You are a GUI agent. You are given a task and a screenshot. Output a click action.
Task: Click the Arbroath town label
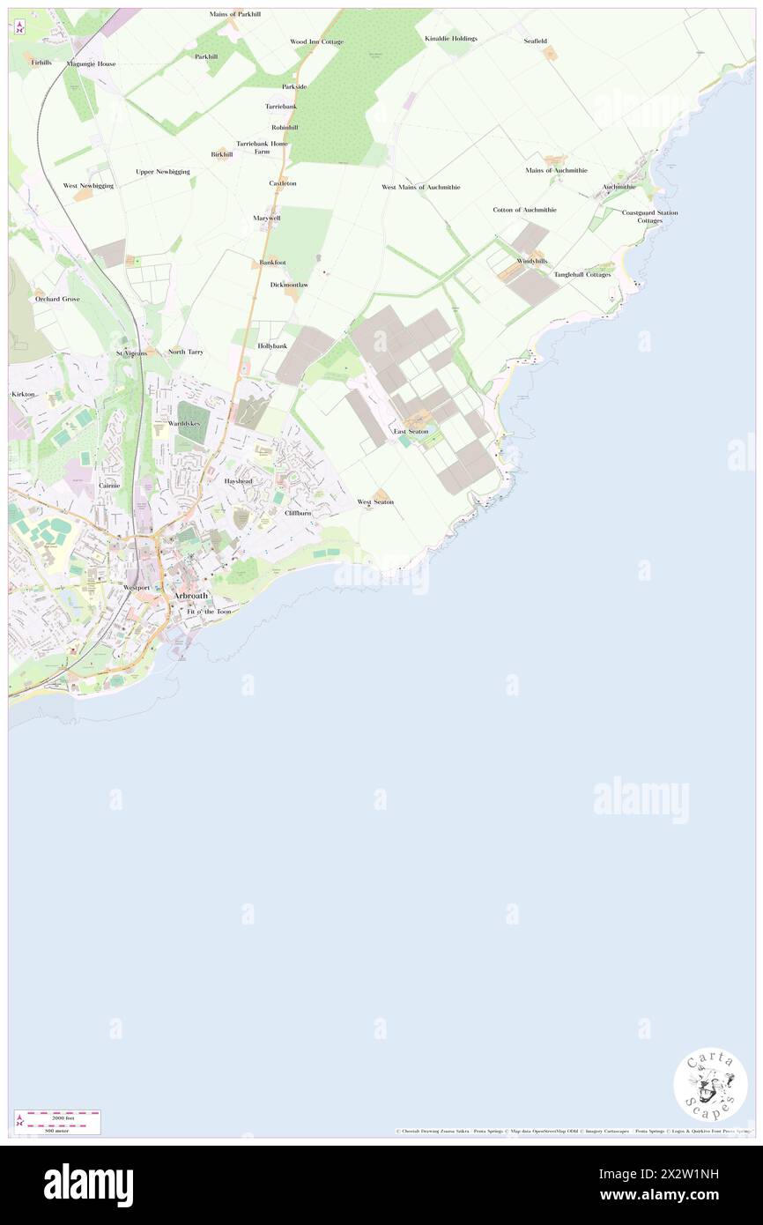pos(191,596)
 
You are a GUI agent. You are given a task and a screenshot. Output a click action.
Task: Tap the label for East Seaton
pos(411,431)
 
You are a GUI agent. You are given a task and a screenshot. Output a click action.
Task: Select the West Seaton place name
pos(375,501)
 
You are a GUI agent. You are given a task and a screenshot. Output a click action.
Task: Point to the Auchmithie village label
pos(619,187)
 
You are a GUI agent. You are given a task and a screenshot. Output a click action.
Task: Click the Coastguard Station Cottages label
pos(649,216)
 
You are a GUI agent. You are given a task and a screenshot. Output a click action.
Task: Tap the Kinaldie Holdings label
pos(450,39)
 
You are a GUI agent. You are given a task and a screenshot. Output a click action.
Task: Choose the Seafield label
pos(535,41)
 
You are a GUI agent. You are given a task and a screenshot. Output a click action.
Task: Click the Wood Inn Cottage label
pos(316,41)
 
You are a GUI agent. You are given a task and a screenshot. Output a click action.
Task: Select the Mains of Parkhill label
pos(235,14)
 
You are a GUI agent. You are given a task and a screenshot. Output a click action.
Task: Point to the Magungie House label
pos(91,63)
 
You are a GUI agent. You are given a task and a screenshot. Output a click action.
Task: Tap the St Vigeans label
pos(132,353)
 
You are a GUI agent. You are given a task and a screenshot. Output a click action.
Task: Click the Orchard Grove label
pos(57,299)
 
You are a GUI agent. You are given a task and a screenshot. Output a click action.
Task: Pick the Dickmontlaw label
pos(289,285)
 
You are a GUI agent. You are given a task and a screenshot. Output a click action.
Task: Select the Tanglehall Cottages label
pos(582,274)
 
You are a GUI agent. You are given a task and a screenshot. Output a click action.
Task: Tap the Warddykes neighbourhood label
pos(184,424)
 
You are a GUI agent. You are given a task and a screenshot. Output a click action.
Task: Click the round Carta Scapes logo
pos(710,1084)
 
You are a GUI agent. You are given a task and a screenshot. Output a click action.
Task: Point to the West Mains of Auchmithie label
pos(420,187)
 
